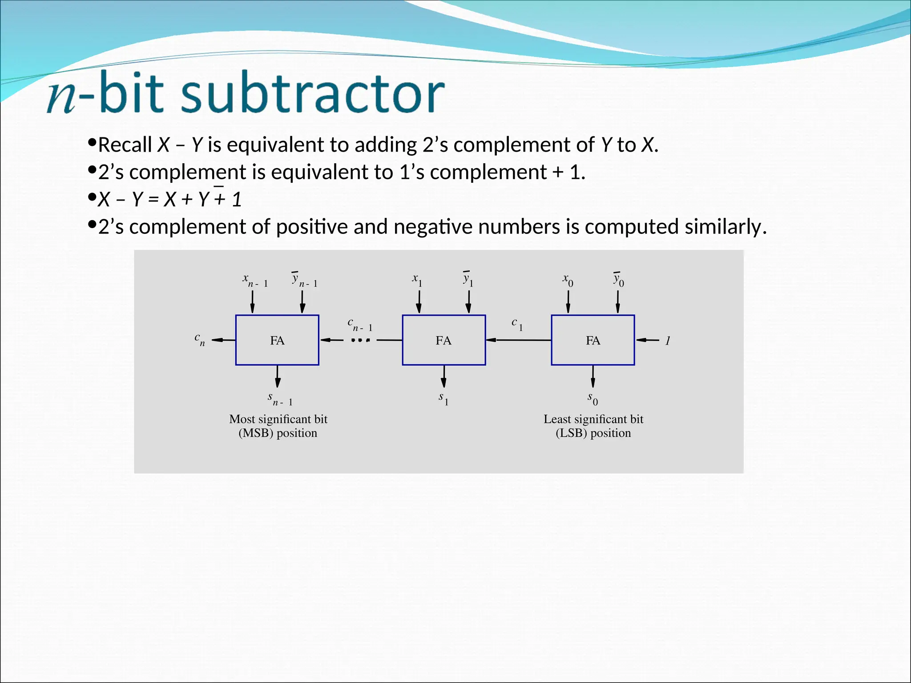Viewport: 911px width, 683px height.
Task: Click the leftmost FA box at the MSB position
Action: point(277,340)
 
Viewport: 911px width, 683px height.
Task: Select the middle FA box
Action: point(443,340)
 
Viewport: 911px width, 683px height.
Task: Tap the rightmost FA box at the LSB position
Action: point(593,340)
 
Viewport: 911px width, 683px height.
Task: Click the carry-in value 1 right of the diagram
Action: point(668,341)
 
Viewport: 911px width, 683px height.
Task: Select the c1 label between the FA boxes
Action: point(517,324)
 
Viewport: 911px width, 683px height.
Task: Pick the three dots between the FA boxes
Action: point(360,341)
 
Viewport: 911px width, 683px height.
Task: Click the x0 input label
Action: point(568,280)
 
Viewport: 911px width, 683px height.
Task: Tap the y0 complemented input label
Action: point(618,280)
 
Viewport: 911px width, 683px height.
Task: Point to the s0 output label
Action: point(593,398)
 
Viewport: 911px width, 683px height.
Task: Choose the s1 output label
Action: point(443,398)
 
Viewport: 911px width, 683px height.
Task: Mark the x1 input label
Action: point(417,280)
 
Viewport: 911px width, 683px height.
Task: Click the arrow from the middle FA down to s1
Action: point(443,377)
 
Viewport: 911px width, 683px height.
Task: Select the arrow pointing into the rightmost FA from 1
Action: point(648,340)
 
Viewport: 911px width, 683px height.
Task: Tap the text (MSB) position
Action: point(278,433)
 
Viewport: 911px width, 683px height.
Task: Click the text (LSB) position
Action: point(593,433)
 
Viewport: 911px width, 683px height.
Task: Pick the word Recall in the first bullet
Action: point(125,145)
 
